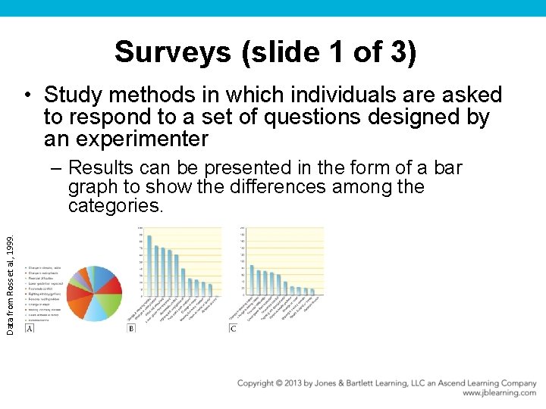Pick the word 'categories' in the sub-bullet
(x=113, y=206)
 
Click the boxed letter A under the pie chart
(x=30, y=328)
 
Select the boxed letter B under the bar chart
(x=131, y=328)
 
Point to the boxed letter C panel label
(x=233, y=328)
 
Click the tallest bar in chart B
(x=149, y=266)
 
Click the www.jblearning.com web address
(x=499, y=393)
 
